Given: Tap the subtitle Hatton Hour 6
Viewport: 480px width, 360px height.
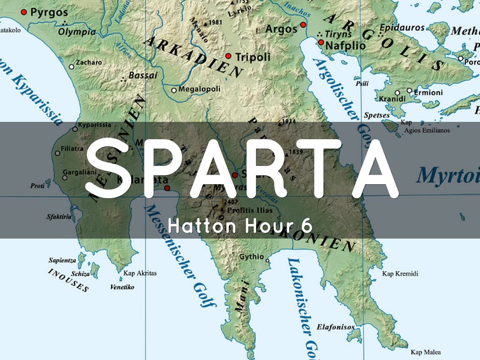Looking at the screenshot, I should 240,226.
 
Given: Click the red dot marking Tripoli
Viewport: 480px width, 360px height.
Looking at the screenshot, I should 228,56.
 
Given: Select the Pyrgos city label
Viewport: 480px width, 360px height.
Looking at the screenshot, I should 49,12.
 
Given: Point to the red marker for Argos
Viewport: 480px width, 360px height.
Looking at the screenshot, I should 303,25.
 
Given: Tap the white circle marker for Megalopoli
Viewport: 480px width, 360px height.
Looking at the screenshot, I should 174,90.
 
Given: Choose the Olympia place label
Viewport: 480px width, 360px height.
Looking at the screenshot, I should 77,32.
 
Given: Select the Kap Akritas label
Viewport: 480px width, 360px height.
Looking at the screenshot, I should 140,273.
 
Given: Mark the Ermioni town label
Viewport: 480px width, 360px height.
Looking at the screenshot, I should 427,92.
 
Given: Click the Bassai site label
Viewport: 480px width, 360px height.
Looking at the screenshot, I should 139,75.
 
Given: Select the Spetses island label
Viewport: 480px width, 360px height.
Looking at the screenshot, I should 376,115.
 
